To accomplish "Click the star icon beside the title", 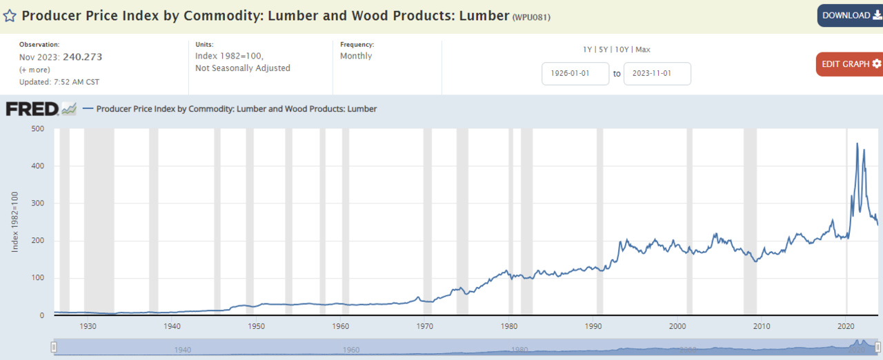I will [x=10, y=15].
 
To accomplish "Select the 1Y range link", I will [x=587, y=50].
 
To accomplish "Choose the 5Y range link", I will [x=604, y=50].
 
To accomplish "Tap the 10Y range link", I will [x=622, y=50].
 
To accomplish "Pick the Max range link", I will [x=642, y=50].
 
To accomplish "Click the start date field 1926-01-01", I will [x=575, y=74].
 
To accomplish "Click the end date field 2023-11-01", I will [x=657, y=74].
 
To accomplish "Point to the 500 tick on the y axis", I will [x=37, y=129].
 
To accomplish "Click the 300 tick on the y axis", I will [x=37, y=203].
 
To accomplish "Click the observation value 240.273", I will [x=82, y=57].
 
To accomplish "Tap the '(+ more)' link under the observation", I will [x=35, y=70].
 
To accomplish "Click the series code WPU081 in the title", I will [x=531, y=17].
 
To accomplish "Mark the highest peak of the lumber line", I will [x=857, y=143].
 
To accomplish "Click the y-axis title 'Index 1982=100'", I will [x=14, y=222].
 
